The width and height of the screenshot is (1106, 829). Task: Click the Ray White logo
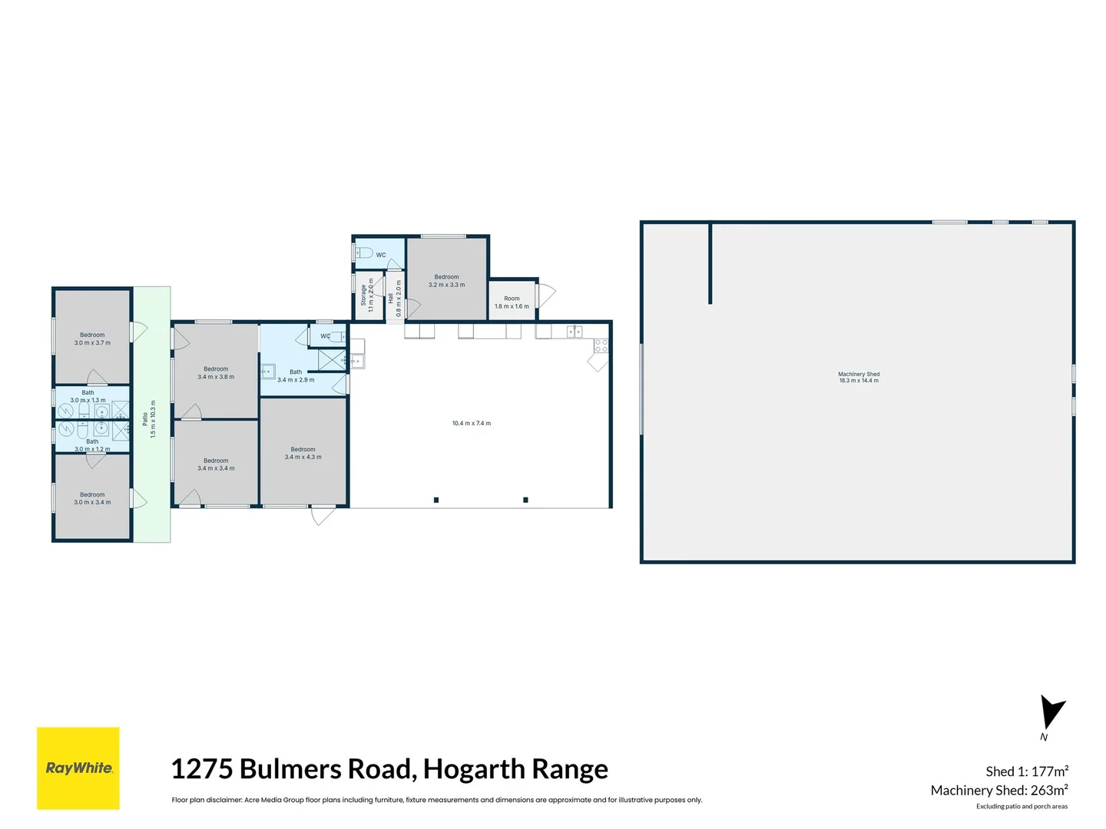coord(78,768)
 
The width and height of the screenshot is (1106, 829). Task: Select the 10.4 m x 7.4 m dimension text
coord(471,423)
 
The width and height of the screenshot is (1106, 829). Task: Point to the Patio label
coord(145,419)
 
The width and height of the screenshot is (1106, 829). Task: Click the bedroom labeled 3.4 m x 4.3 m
coord(303,453)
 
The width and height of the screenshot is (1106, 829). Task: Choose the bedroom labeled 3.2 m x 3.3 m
coord(446,281)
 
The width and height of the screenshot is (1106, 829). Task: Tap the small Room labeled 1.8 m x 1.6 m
coord(512,302)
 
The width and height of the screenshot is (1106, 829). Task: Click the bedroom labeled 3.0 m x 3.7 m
coord(92,339)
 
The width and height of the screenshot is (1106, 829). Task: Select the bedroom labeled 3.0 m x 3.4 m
coord(92,498)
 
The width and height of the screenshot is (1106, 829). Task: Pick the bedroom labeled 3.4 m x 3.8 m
coord(216,373)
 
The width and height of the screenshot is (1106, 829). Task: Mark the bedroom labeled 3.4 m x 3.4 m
coord(216,464)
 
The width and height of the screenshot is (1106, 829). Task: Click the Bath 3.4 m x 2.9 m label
coord(296,375)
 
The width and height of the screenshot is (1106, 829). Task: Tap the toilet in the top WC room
coord(364,253)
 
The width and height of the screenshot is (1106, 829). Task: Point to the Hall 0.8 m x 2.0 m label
coord(394,298)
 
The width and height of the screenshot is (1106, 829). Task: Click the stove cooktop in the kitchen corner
coord(601,345)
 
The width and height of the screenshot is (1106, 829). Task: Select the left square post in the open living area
coord(436,500)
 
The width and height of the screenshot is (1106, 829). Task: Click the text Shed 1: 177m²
coord(1026,771)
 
